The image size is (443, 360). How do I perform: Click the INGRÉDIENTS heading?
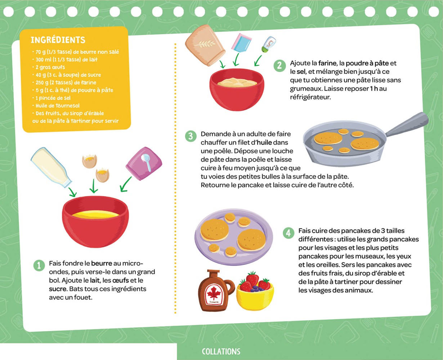(x=58, y=40)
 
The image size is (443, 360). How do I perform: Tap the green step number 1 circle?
(x=39, y=265)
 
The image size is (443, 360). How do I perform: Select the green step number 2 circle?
(x=279, y=66)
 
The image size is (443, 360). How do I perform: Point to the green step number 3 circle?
(x=191, y=136)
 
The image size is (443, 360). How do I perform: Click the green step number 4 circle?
(x=288, y=233)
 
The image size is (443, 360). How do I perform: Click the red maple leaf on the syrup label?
(x=214, y=294)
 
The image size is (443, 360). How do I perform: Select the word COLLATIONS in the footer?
(x=221, y=352)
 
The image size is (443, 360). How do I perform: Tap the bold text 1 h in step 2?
(x=374, y=89)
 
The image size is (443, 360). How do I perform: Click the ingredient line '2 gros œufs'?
(x=50, y=67)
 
